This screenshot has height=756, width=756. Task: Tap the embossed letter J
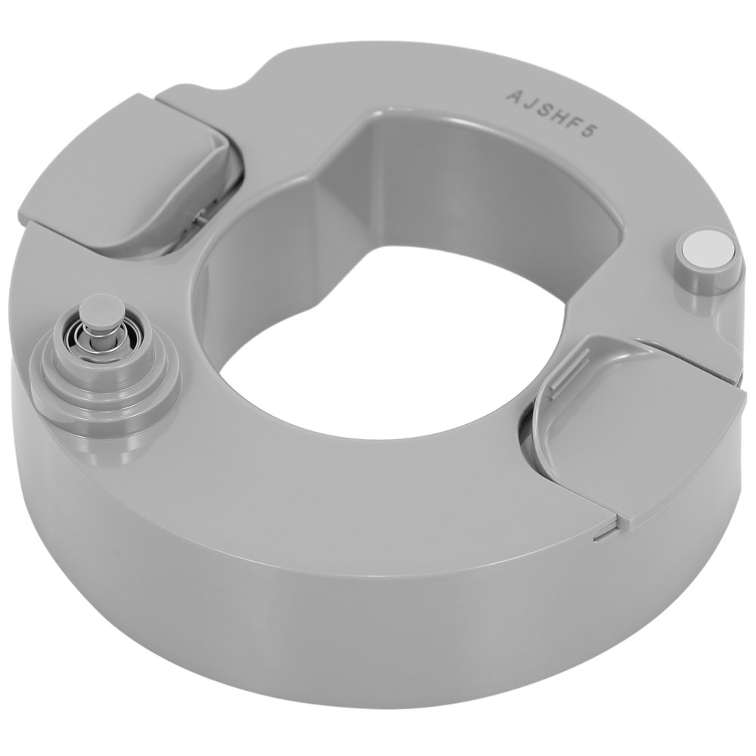tap(531, 102)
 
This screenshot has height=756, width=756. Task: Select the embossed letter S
tap(547, 110)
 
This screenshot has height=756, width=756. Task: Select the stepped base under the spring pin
tap(106, 381)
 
